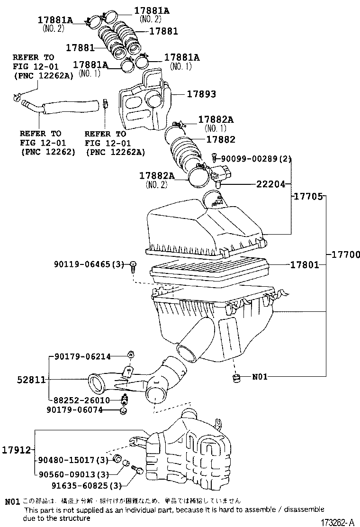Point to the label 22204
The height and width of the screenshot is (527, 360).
tap(271, 184)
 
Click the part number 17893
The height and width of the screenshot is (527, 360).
tap(200, 94)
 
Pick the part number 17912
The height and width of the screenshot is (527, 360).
tap(17, 450)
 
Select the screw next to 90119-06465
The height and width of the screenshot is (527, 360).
tap(134, 266)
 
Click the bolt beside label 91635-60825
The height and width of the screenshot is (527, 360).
tap(138, 471)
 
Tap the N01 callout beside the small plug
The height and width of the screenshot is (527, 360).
tap(260, 377)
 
